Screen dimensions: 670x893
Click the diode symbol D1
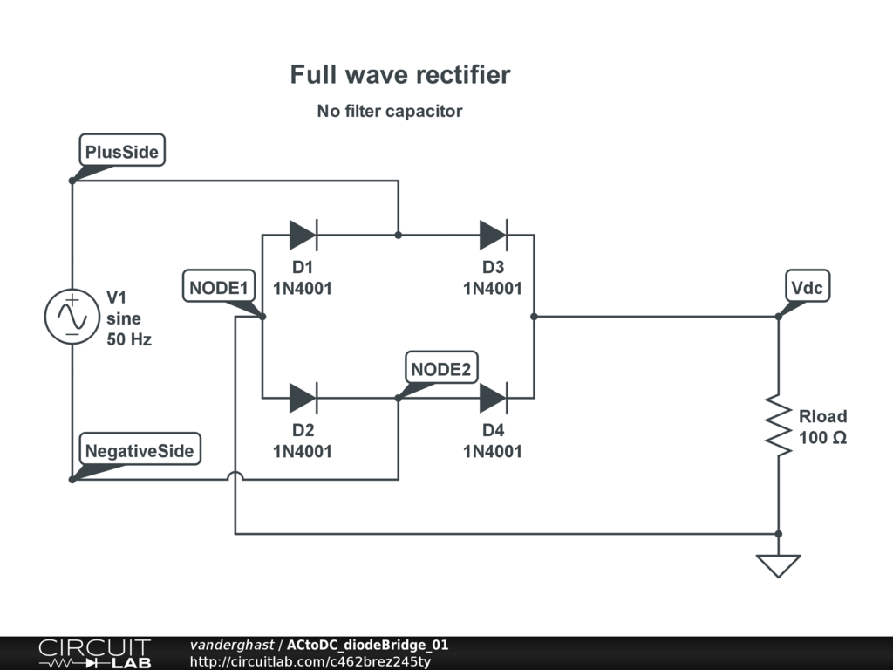(303, 235)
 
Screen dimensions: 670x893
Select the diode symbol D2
(303, 398)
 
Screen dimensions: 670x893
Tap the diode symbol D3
(493, 235)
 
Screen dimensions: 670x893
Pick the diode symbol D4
(493, 398)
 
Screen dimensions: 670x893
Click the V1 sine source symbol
(72, 317)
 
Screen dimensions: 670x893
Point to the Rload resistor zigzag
(778, 425)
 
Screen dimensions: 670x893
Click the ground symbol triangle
(778, 566)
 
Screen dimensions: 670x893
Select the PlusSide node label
(122, 152)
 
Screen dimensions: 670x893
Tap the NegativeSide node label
(140, 451)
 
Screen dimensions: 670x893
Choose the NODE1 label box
(220, 287)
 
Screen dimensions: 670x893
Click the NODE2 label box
(441, 369)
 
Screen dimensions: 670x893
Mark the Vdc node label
(807, 287)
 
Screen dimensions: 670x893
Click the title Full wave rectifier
(400, 75)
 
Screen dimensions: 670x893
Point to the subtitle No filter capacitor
(390, 111)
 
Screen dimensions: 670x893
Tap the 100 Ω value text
(822, 438)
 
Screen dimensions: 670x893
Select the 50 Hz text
(129, 339)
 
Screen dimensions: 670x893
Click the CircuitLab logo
(93, 653)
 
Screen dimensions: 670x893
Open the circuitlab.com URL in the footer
(310, 661)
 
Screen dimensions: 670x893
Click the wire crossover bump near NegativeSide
(235, 476)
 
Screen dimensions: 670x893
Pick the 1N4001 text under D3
(493, 288)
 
